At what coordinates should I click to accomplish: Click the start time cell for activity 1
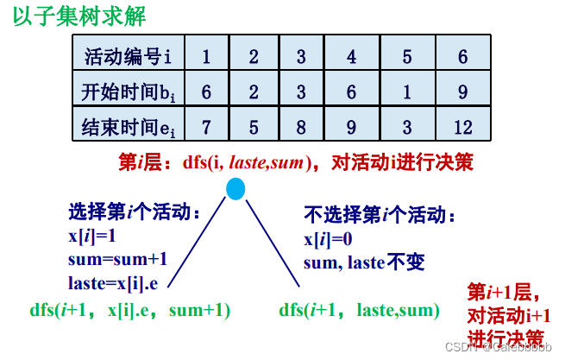pos(207,91)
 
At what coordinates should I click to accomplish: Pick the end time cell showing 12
pos(462,127)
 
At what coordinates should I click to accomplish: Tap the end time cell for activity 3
pos(301,127)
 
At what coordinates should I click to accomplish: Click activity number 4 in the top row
pos(351,57)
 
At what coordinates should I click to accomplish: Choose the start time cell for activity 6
pos(462,91)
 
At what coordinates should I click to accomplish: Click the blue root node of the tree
pos(236,188)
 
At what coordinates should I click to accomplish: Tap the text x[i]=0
pos(329,239)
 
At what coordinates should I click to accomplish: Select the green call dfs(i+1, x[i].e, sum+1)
pos(130,309)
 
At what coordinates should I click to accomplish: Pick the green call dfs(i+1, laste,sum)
pos(360,309)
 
